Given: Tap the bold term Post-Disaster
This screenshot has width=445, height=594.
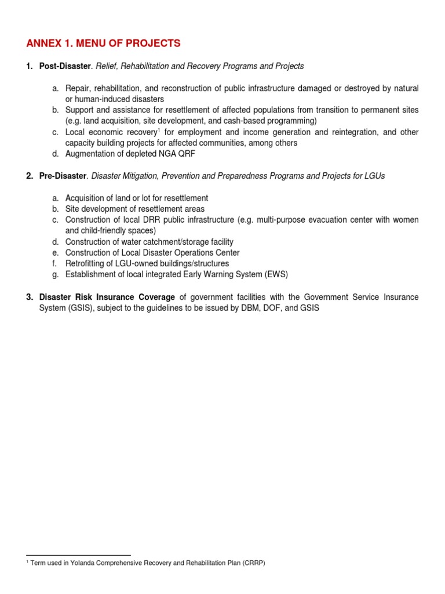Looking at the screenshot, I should coord(61,66).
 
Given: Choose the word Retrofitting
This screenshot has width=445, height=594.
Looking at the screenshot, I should coord(87,263).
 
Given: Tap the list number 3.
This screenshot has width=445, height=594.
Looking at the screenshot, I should coord(29,297).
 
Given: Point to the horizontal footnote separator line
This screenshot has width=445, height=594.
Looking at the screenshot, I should coord(79,555).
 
